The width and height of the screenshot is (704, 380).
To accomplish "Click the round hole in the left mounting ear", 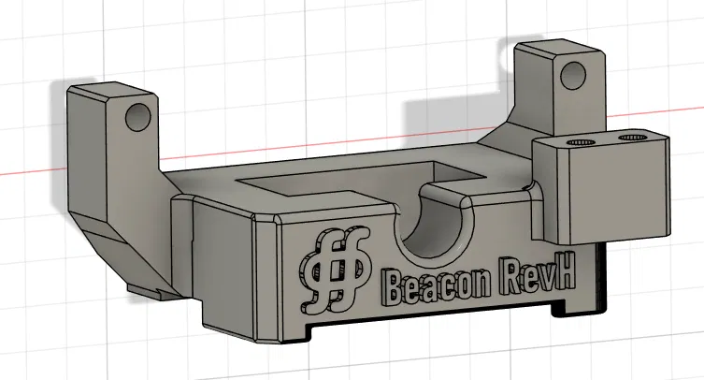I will pos(137,117).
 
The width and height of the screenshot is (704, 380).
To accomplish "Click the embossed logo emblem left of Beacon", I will pos(331,271).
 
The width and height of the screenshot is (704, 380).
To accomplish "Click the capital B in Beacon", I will pos(395,286).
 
